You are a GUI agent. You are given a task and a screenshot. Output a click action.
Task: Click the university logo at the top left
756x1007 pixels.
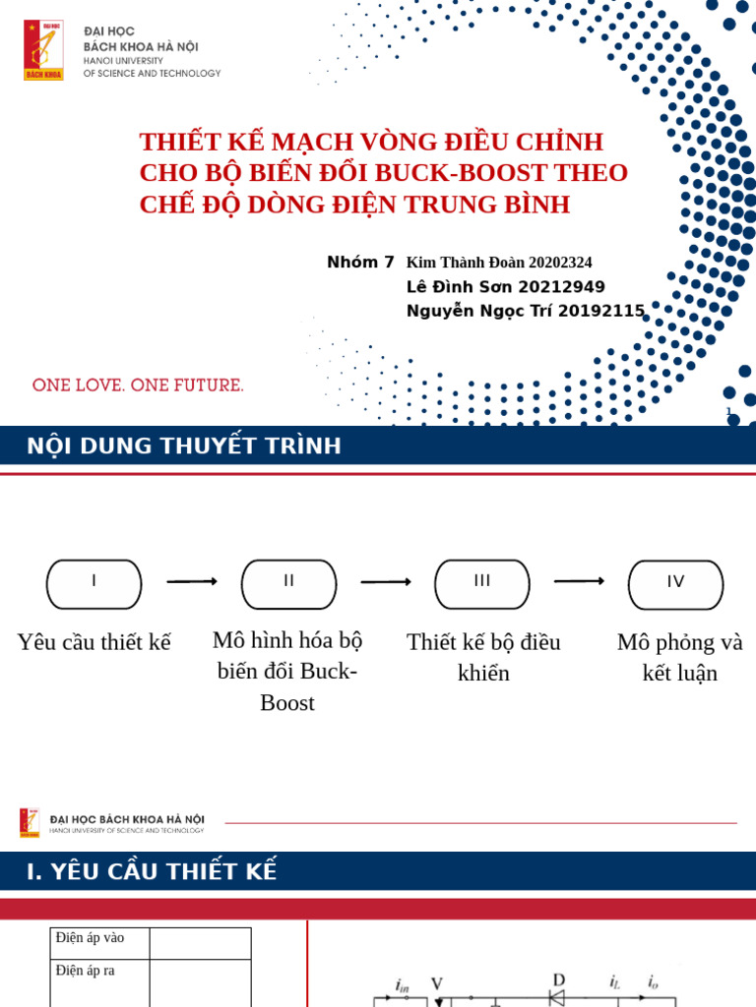click(x=43, y=50)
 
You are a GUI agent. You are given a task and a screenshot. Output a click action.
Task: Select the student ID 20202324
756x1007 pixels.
click(x=560, y=263)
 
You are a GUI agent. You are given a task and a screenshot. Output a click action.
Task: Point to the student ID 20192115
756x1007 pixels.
click(x=600, y=311)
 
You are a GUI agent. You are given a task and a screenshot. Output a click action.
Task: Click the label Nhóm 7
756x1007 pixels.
click(x=360, y=263)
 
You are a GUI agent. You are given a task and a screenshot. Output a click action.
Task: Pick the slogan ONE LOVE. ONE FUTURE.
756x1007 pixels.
click(x=138, y=385)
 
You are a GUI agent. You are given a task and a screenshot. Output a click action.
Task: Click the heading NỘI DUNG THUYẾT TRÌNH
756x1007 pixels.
click(x=184, y=446)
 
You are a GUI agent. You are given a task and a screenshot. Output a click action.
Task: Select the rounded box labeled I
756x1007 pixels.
click(x=94, y=584)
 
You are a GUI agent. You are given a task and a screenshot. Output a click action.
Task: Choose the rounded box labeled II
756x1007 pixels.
click(x=288, y=584)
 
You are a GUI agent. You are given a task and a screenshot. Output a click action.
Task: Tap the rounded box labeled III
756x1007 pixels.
click(x=482, y=584)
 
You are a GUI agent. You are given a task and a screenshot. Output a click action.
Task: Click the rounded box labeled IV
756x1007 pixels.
click(x=675, y=585)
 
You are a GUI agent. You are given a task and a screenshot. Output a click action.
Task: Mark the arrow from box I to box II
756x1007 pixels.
click(x=192, y=582)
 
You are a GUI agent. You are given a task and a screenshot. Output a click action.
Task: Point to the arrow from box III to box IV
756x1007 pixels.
click(x=579, y=581)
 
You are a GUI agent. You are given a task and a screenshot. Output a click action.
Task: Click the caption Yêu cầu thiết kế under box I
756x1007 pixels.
click(x=94, y=642)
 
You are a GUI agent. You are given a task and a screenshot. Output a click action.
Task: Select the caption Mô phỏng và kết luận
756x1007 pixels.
click(x=679, y=658)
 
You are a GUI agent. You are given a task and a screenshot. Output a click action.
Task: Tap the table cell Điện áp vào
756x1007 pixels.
click(x=91, y=938)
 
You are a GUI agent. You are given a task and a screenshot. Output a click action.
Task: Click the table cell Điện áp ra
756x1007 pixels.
click(x=86, y=971)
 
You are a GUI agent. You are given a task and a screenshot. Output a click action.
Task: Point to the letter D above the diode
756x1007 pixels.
click(x=558, y=980)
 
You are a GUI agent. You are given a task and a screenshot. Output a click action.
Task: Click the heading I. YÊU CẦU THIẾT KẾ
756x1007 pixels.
click(x=152, y=871)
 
